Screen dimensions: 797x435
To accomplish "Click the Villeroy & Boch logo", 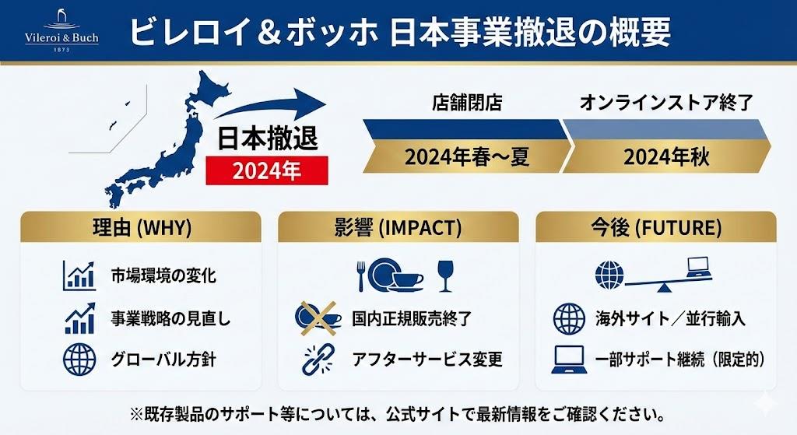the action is pyautogui.click(x=61, y=30).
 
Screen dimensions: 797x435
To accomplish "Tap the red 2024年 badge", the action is pyautogui.click(x=267, y=170).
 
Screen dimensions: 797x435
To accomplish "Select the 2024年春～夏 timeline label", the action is pyautogui.click(x=467, y=156).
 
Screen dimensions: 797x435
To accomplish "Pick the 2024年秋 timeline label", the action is pyautogui.click(x=666, y=156).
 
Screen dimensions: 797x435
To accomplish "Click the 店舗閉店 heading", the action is pyautogui.click(x=467, y=103).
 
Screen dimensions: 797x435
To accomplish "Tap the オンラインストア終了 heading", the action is pyautogui.click(x=666, y=103).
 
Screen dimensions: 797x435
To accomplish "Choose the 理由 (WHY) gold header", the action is pyautogui.click(x=141, y=227).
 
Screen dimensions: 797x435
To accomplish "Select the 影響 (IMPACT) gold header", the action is pyautogui.click(x=398, y=227).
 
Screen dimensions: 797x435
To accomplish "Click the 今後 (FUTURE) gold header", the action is pyautogui.click(x=656, y=227).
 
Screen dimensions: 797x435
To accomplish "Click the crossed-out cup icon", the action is pyautogui.click(x=318, y=318).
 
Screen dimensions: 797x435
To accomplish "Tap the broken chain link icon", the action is pyautogui.click(x=318, y=360).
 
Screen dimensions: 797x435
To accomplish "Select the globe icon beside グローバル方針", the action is pyautogui.click(x=79, y=360).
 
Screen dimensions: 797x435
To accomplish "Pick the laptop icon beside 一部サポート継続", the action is pyautogui.click(x=569, y=360).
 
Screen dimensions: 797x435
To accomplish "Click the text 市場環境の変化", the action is pyautogui.click(x=163, y=276).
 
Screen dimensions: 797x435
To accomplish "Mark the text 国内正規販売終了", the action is pyautogui.click(x=412, y=318).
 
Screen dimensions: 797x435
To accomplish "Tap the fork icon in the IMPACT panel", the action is pyautogui.click(x=361, y=276).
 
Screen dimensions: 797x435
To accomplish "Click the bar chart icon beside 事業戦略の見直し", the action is pyautogui.click(x=80, y=318).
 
